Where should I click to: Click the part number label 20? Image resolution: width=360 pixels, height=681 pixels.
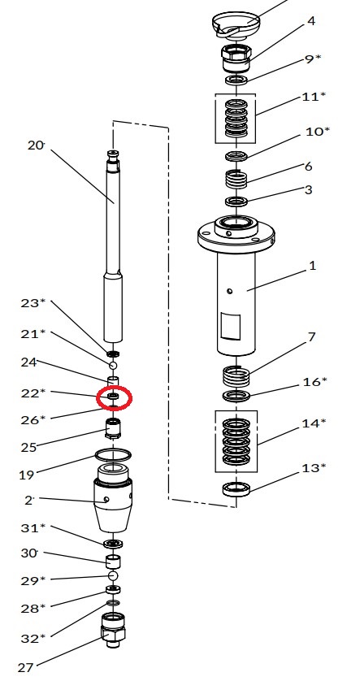36,145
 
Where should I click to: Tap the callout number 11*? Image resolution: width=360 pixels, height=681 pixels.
314,96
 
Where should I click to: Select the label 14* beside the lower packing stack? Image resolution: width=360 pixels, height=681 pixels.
314,423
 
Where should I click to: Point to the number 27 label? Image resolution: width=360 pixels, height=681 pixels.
26,666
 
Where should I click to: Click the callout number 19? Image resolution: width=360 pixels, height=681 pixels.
26,475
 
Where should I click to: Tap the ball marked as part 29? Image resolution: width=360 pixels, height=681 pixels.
113,575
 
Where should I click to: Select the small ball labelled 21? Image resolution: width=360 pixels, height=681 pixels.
113,365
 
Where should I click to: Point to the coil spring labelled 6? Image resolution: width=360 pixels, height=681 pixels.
236,179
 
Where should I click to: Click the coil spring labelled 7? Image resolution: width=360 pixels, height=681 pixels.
236,376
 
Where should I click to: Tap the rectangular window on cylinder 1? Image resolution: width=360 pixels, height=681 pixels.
231,325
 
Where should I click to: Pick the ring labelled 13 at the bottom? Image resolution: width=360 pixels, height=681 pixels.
236,489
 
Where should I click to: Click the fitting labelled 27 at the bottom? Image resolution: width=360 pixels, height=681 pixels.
113,630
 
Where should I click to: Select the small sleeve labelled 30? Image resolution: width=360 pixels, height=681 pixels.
113,561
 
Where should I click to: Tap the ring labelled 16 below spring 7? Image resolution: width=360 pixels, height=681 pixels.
236,396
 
